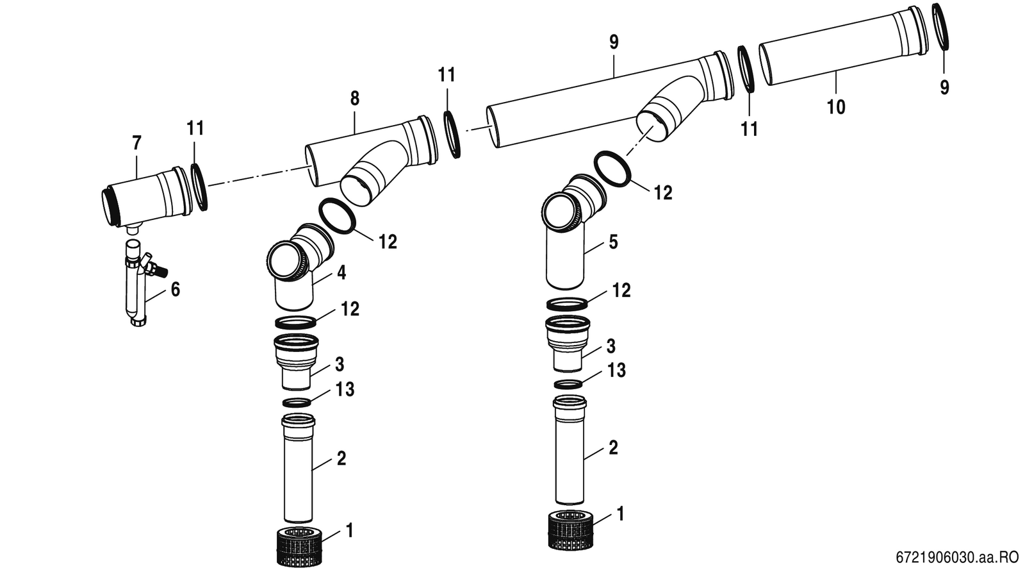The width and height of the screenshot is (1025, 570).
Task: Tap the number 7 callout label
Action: [137, 143]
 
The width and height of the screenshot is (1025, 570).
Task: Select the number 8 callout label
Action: [355, 99]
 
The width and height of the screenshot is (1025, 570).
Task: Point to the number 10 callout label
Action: [836, 107]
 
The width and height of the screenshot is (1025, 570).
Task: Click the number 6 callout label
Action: [176, 289]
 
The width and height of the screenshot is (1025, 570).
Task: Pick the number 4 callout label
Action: [341, 273]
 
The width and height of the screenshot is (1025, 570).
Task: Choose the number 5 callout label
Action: [613, 242]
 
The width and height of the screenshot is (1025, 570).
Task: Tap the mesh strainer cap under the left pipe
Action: [300, 546]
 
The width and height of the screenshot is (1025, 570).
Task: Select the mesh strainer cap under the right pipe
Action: [571, 529]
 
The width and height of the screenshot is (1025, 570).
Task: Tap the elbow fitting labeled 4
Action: [297, 265]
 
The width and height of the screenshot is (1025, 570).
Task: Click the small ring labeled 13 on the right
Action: [568, 384]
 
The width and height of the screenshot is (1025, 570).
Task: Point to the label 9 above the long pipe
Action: [614, 42]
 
